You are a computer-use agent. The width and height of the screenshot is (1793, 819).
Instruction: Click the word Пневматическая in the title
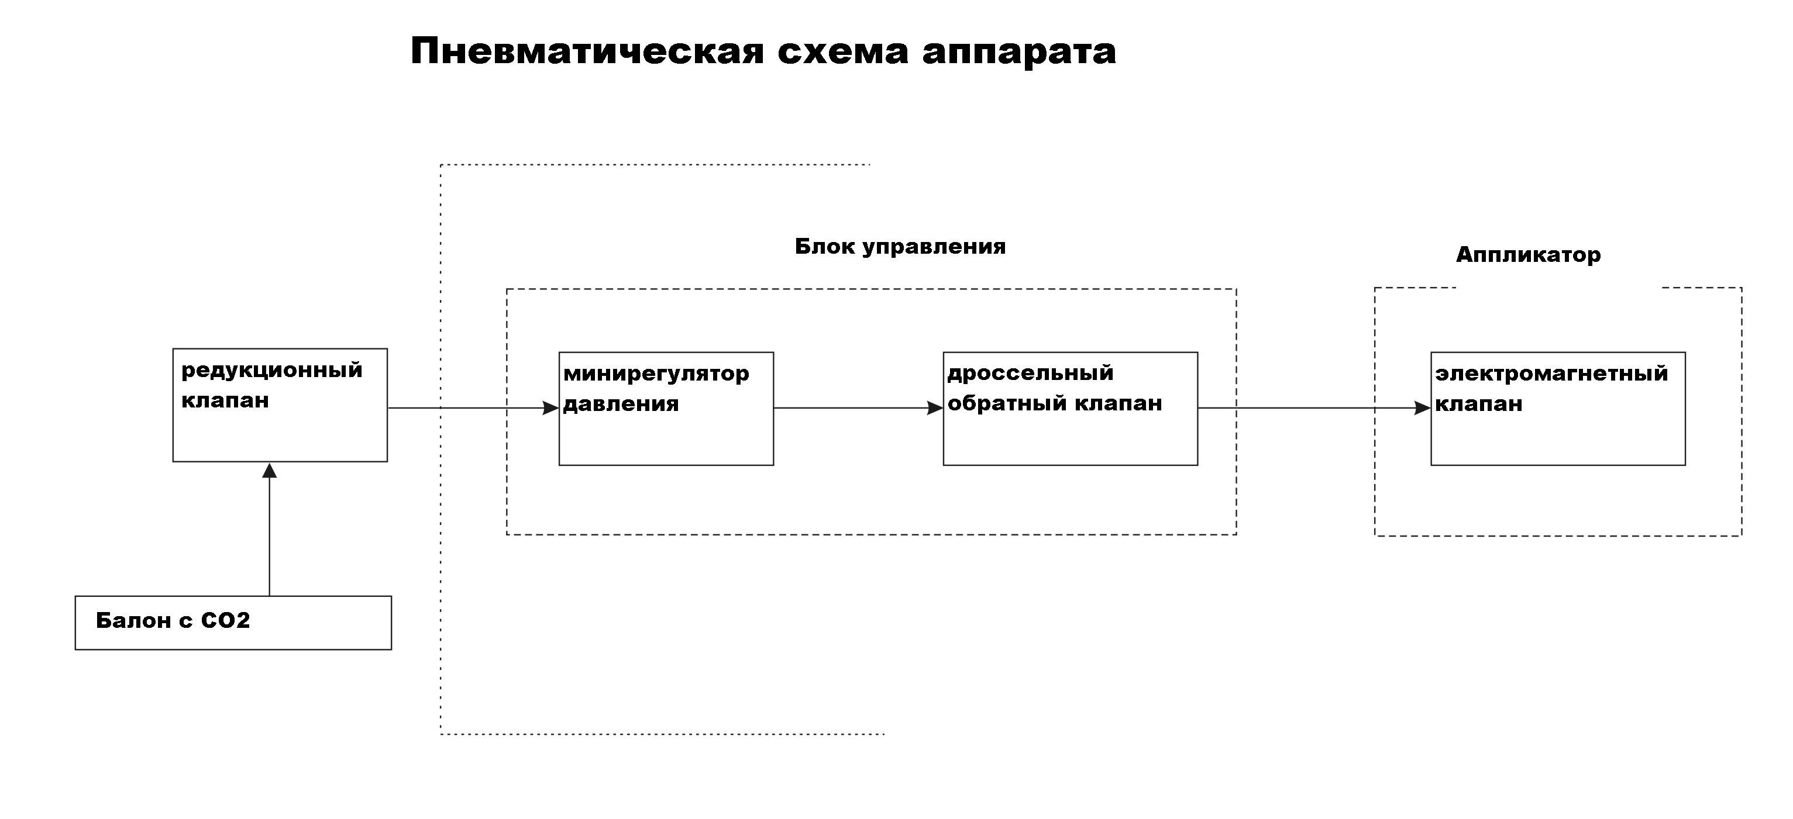tap(587, 51)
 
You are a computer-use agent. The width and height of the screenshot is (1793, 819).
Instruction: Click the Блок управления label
tap(900, 246)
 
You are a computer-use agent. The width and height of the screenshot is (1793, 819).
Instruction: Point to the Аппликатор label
tap(1528, 255)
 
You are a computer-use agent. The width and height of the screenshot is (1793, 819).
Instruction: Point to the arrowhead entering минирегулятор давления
tap(550, 408)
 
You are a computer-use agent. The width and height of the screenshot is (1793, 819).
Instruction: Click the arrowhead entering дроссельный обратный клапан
tap(935, 409)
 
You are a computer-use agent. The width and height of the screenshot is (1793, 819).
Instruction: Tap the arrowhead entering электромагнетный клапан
tap(1423, 409)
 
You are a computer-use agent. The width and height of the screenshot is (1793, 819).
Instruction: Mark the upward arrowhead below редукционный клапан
tap(269, 471)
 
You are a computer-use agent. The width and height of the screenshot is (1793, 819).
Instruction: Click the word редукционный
tap(271, 371)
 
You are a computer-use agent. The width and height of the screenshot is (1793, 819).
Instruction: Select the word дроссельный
tap(1030, 374)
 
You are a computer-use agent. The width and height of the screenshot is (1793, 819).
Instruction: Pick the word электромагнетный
tap(1551, 374)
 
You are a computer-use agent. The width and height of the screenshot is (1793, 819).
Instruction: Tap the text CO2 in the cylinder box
tap(225, 620)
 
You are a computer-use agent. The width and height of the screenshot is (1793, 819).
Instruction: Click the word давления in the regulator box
tap(620, 405)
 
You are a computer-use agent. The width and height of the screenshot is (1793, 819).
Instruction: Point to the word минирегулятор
tap(656, 374)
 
